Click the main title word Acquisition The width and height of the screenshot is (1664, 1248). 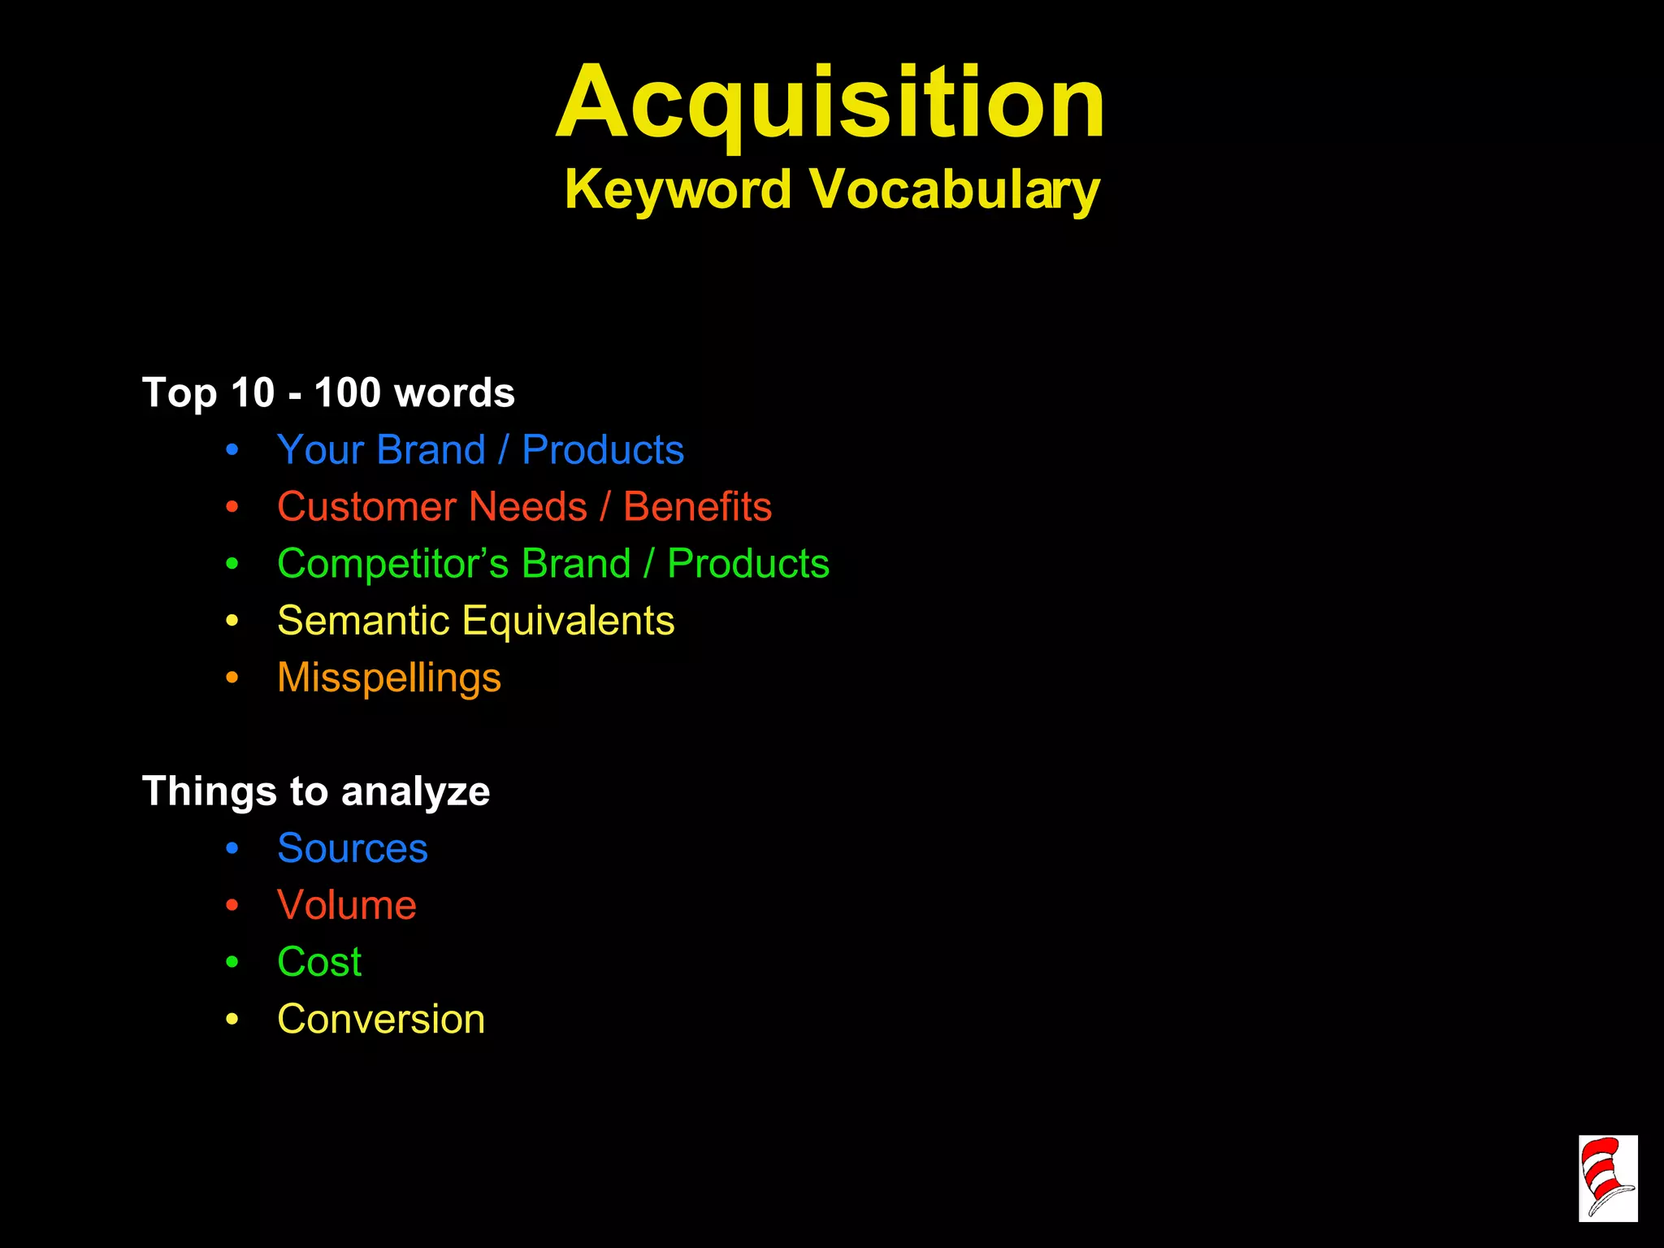(830, 104)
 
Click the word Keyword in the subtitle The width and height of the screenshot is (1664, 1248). (678, 190)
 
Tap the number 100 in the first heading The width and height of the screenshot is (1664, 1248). (347, 392)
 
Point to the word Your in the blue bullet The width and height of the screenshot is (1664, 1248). (319, 450)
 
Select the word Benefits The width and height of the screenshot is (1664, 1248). (697, 507)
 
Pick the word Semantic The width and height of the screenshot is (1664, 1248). (363, 621)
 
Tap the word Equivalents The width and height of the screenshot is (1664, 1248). (568, 621)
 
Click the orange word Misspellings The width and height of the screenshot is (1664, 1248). (389, 678)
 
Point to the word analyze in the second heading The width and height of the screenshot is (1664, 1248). (415, 792)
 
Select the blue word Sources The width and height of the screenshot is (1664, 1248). (352, 848)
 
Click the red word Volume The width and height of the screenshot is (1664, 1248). (346, 905)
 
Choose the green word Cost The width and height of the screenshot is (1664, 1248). (319, 962)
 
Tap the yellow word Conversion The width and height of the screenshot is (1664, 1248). (381, 1019)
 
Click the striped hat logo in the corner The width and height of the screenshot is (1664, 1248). (1607, 1178)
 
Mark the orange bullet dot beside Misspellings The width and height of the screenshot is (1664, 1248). (232, 678)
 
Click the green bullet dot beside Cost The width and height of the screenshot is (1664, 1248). (232, 962)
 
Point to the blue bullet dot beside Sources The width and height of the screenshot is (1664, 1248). (232, 848)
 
